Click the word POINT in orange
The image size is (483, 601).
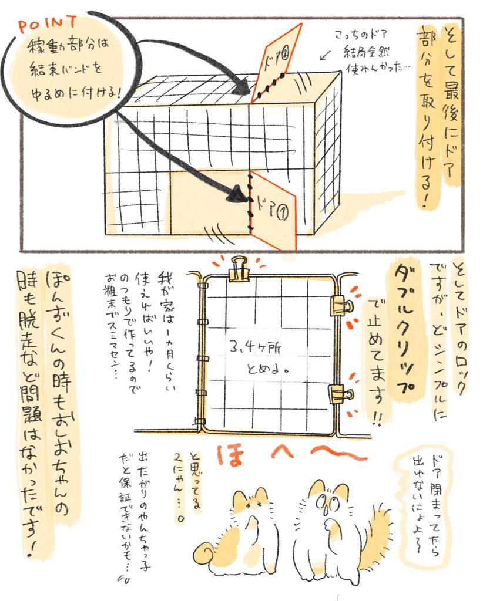(47, 25)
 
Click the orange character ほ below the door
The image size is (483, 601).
(232, 455)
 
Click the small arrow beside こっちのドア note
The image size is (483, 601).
(324, 56)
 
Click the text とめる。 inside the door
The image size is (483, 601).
(267, 369)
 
